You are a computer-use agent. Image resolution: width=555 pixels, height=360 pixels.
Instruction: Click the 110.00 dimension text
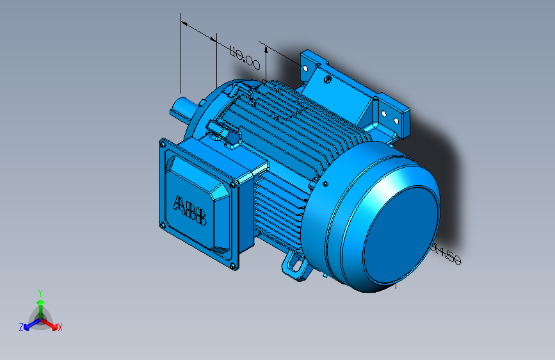coord(244,56)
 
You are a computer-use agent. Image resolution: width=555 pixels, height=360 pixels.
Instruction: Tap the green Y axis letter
coord(40,292)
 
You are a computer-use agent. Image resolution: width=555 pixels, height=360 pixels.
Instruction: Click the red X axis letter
coord(60,327)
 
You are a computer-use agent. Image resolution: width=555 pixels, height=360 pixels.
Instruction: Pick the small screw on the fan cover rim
coord(326,184)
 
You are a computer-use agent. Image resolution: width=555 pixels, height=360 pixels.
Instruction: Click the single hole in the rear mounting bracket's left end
coord(305,65)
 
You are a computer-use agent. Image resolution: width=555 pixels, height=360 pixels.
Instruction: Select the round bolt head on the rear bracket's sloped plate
coord(327,79)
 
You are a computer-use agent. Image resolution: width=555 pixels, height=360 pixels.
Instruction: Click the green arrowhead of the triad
coord(40,303)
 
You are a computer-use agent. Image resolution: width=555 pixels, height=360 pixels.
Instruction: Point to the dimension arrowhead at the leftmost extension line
coord(185,24)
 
